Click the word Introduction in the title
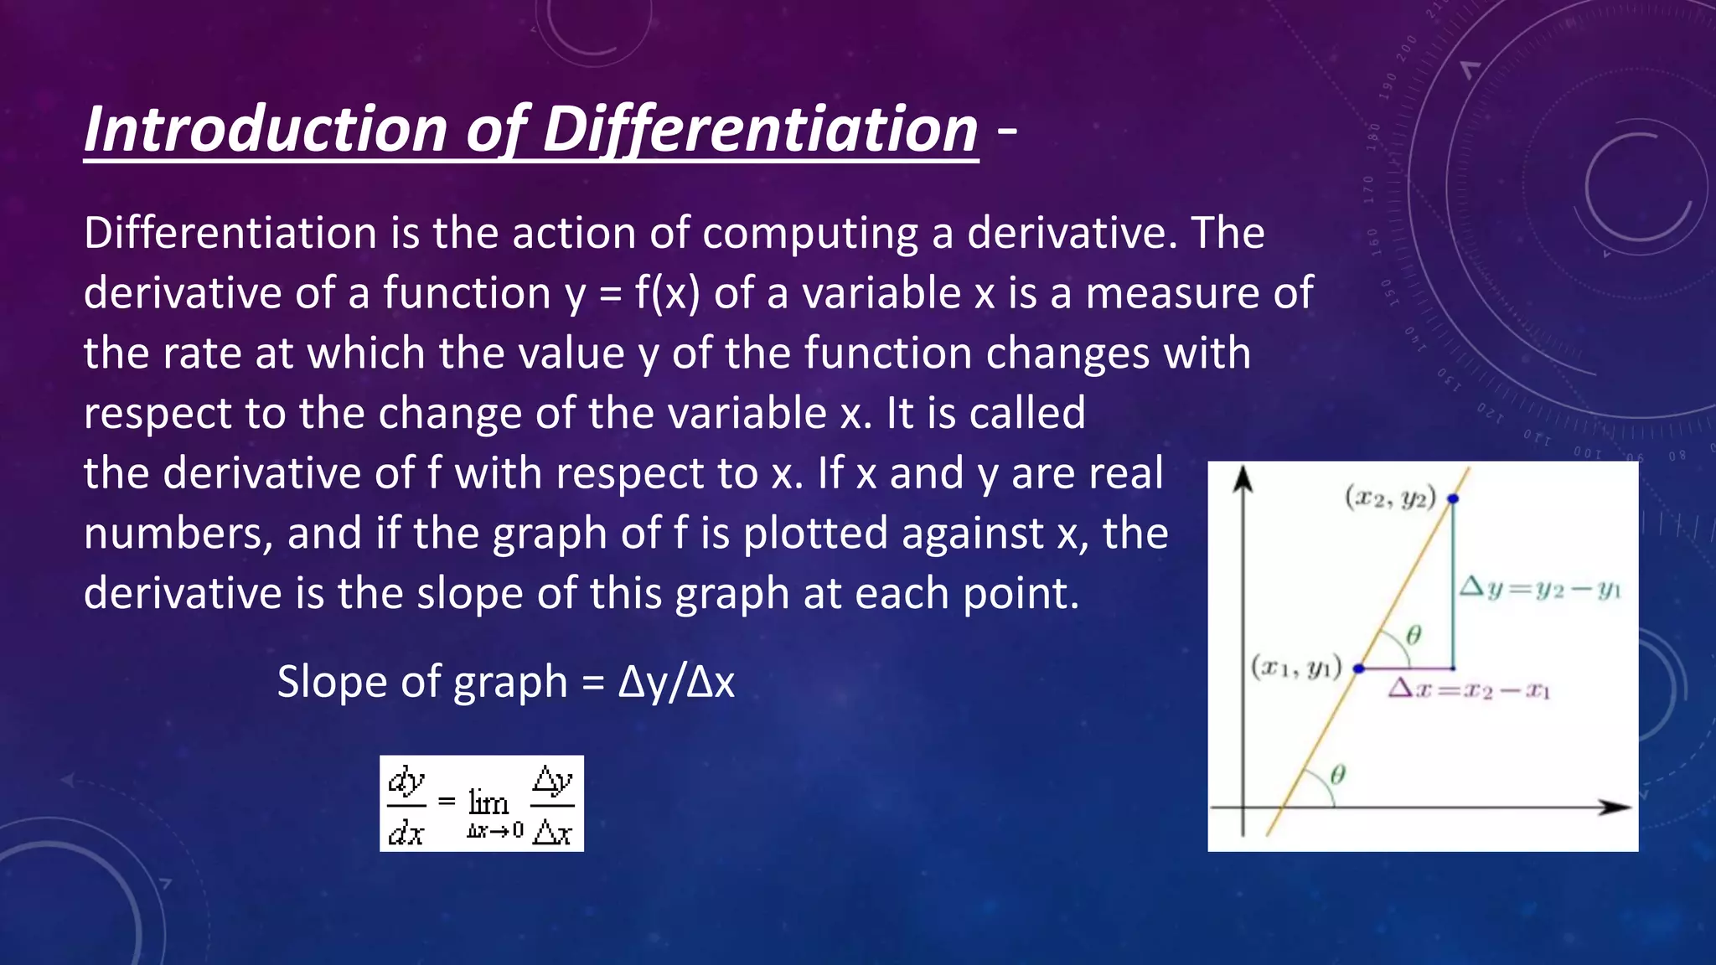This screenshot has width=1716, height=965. point(266,130)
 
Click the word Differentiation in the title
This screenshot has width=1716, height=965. point(760,130)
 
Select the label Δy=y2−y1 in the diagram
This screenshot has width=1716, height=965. point(1540,588)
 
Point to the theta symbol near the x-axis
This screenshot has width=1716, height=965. point(1337,774)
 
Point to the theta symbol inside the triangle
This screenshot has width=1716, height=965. point(1414,635)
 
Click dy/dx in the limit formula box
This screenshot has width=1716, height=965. point(406,805)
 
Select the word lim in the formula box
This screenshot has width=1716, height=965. point(488,802)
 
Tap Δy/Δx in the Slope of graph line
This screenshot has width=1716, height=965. point(676,682)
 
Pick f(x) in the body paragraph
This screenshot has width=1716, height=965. point(667,293)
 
